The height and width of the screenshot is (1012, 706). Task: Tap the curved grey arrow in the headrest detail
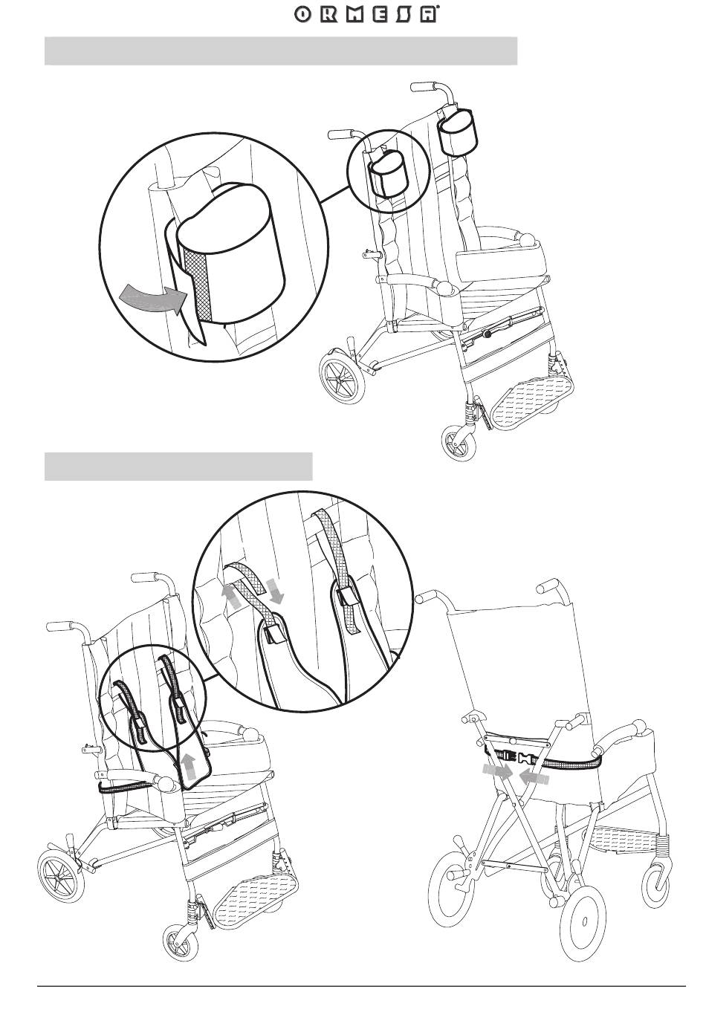[x=154, y=298]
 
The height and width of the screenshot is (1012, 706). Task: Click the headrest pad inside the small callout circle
[x=388, y=175]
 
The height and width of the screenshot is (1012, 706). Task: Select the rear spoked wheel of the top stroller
[x=343, y=377]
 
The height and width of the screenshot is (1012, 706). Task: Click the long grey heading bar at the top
[x=281, y=51]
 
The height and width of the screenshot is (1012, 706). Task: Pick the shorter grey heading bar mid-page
[x=178, y=466]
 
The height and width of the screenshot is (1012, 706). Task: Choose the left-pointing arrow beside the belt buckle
[x=535, y=777]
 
